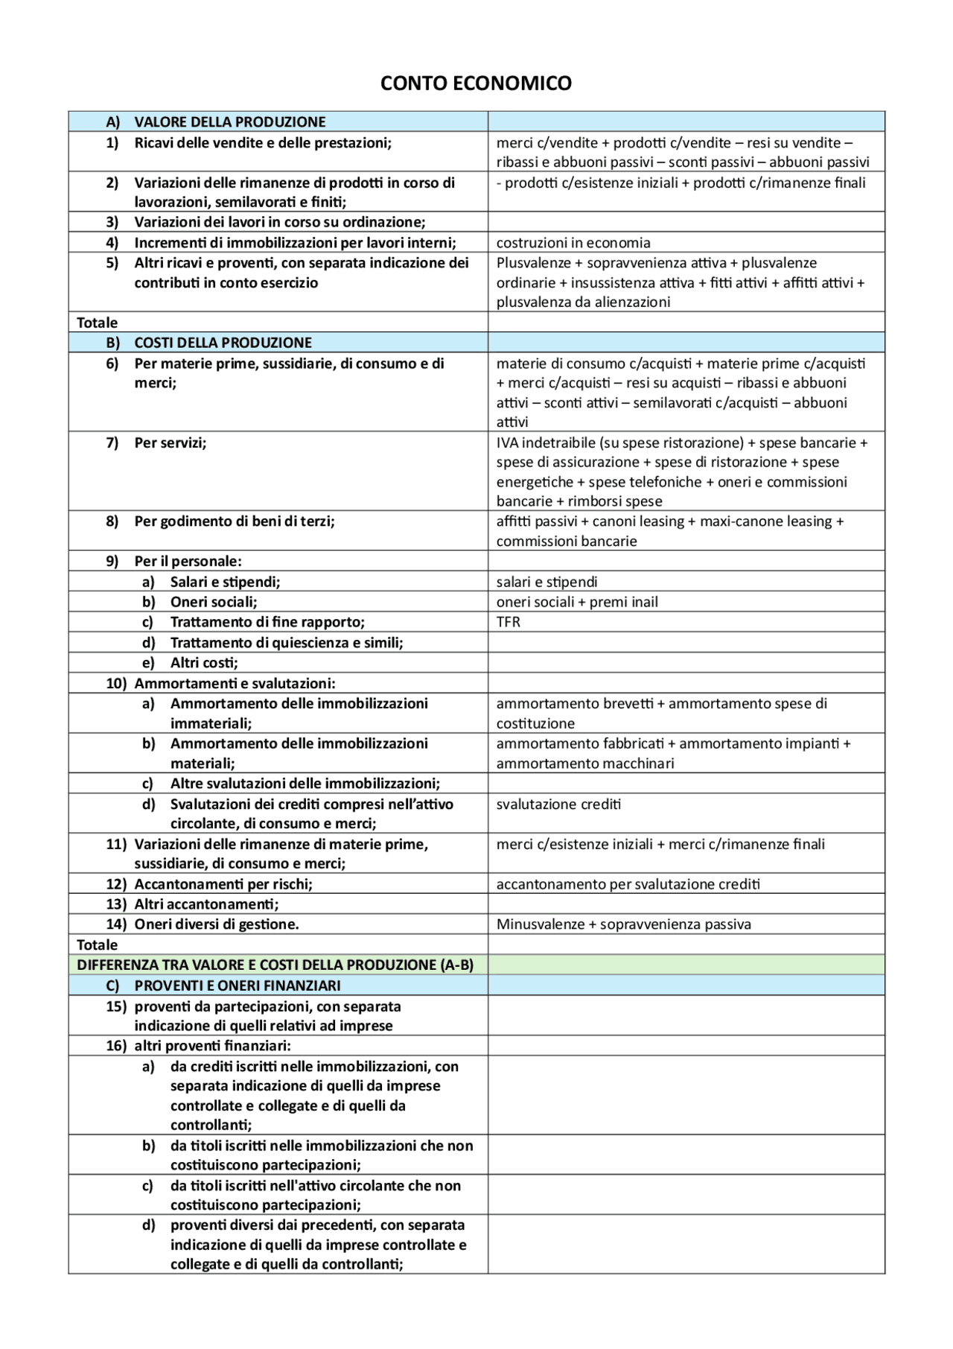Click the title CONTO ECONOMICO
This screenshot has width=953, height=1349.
pyautogui.click(x=476, y=83)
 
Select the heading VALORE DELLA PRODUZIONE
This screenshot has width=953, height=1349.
pyautogui.click(x=229, y=122)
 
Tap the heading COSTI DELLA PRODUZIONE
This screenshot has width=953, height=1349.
pyautogui.click(x=223, y=343)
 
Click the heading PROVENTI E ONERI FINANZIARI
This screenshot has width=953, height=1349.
pyautogui.click(x=237, y=985)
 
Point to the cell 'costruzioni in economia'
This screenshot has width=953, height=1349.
pyautogui.click(x=573, y=243)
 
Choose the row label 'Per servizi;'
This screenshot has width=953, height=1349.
pyautogui.click(x=170, y=442)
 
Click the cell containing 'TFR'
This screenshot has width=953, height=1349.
pyautogui.click(x=509, y=622)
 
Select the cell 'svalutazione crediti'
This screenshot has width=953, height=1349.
pyautogui.click(x=558, y=804)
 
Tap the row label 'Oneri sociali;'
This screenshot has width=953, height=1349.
pyautogui.click(x=214, y=602)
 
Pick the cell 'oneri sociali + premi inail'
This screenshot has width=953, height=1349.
pyautogui.click(x=577, y=602)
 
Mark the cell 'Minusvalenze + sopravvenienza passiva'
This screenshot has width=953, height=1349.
pyautogui.click(x=623, y=924)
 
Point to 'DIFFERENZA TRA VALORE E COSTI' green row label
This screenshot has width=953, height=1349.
pyautogui.click(x=275, y=965)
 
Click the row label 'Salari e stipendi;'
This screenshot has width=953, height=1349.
pyautogui.click(x=225, y=582)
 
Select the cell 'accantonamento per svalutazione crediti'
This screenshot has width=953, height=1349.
pyautogui.click(x=628, y=884)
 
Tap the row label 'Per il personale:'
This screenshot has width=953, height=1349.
pyautogui.click(x=188, y=561)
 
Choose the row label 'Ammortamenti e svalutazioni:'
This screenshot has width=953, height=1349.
pyautogui.click(x=234, y=683)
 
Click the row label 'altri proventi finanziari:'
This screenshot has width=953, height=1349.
pyautogui.click(x=212, y=1046)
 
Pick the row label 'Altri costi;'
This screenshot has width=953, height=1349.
pyautogui.click(x=204, y=663)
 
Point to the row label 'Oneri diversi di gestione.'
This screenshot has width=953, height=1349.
pyautogui.click(x=216, y=924)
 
